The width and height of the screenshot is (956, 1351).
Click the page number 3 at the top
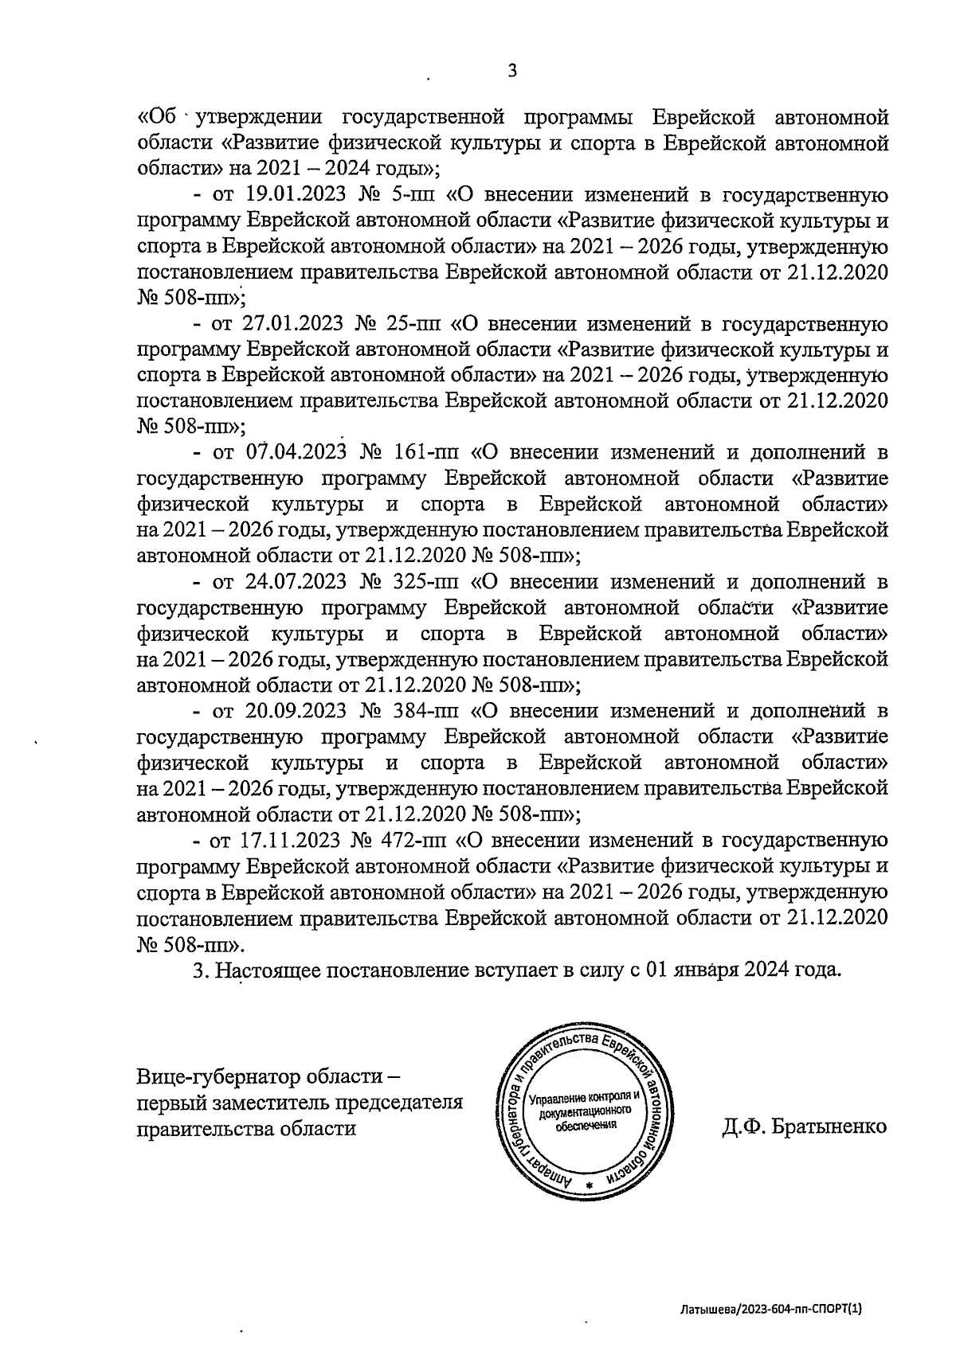[x=512, y=71]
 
